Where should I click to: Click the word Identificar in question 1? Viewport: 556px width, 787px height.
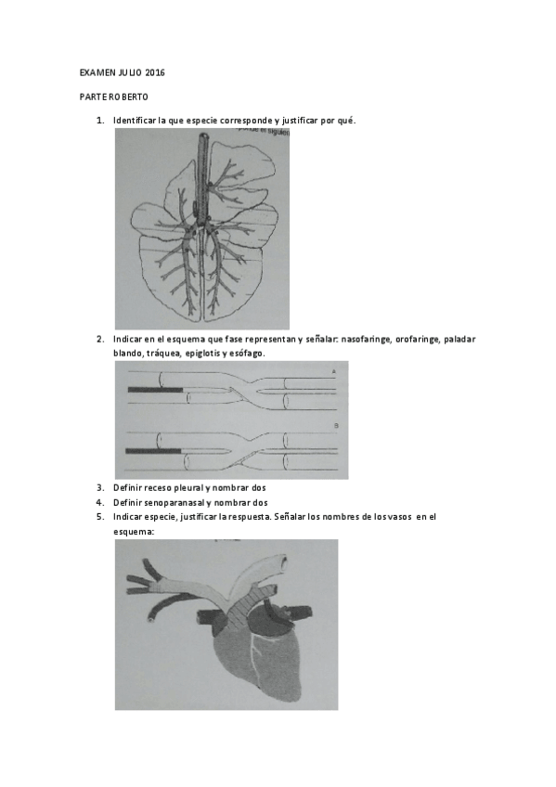tap(136, 122)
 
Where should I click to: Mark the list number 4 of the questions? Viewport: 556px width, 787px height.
tap(99, 502)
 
